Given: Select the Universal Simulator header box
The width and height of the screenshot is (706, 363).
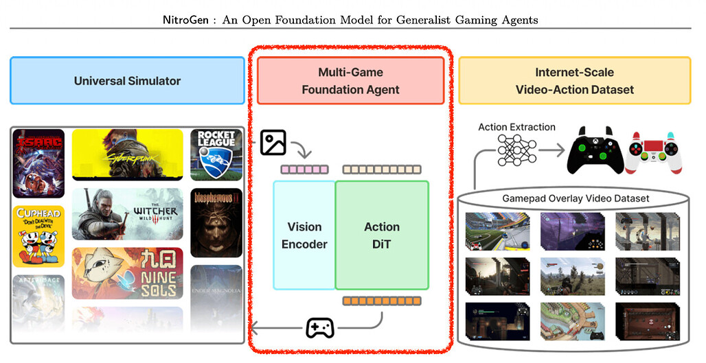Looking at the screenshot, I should point(127,81).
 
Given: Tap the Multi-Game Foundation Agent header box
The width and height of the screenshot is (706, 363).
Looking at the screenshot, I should point(350,81).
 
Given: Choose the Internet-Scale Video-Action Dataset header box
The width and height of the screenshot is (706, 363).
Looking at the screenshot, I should point(574,81).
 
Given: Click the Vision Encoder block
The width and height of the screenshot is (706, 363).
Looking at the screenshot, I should point(304,235).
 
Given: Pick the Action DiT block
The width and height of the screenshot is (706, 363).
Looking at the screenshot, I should point(382,235).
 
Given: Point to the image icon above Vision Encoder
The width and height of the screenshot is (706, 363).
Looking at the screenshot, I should point(273,142).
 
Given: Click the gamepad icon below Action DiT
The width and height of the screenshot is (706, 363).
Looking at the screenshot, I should point(319,327).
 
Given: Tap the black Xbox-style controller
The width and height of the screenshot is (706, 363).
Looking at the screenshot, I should point(595,149).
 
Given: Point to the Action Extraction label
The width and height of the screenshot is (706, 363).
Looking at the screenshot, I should point(516,127).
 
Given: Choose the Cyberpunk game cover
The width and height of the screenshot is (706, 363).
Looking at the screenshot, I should point(128,154).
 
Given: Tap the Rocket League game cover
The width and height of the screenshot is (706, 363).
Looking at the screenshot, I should point(216,154).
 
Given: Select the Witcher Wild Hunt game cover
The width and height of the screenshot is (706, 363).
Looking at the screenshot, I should point(128,213).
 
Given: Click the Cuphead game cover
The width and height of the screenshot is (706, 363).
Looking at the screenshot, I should point(38,235).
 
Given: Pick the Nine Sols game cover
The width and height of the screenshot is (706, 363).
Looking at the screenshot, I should point(128,272).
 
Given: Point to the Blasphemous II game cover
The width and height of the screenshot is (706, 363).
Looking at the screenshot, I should point(216,222).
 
